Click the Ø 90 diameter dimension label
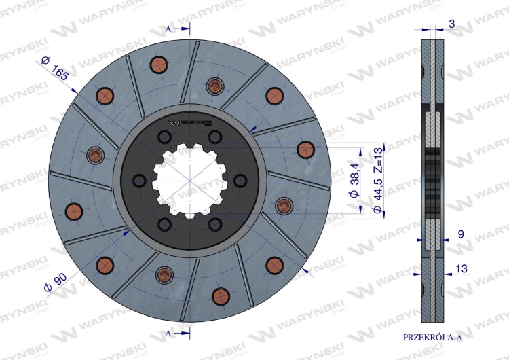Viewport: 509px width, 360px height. point(55,283)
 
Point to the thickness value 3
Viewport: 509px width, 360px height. point(451,24)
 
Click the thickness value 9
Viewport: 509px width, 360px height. point(461,234)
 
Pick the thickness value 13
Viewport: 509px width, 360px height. point(461,269)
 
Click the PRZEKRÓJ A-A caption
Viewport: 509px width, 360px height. point(432,338)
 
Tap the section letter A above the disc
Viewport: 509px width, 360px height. point(168,29)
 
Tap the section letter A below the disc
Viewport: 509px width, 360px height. point(168,334)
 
